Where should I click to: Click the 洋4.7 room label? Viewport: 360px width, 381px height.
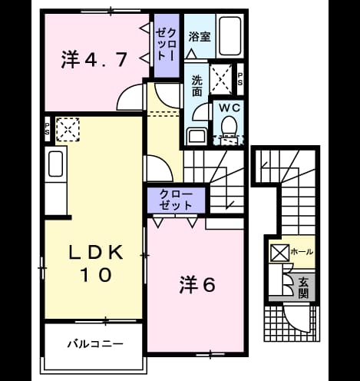click(94, 60)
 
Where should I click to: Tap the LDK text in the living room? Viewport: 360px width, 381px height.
click(96, 253)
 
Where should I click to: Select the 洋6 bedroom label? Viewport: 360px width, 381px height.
click(197, 285)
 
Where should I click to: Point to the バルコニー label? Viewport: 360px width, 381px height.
click(95, 343)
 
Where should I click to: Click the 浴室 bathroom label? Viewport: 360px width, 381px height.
click(200, 37)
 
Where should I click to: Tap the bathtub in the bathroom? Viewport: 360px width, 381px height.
click(230, 36)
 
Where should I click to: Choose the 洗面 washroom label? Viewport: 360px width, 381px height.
click(197, 86)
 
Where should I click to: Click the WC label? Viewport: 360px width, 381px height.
click(230, 108)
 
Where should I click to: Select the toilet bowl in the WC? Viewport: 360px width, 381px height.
click(229, 126)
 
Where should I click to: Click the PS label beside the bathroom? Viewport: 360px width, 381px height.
click(240, 79)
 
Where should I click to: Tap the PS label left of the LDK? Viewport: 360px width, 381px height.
click(48, 129)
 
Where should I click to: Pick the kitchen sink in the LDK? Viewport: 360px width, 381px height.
click(55, 164)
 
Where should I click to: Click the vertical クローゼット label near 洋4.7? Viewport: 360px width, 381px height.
click(167, 45)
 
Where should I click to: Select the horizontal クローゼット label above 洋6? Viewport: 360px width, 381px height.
click(176, 200)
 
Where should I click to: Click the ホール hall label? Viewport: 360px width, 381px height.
click(302, 252)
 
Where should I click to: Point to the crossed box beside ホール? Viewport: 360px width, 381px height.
click(279, 253)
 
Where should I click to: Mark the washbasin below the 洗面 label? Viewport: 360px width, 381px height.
click(197, 137)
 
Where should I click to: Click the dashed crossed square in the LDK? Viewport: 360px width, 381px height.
click(68, 129)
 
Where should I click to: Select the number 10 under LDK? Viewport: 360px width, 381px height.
click(97, 275)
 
